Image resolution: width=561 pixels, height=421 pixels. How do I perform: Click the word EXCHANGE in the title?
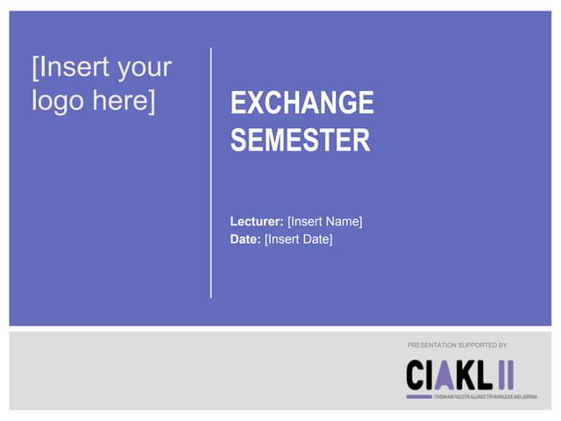click(x=302, y=103)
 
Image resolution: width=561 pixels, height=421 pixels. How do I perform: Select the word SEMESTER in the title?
click(x=300, y=140)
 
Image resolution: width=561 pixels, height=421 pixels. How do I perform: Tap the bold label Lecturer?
click(x=257, y=222)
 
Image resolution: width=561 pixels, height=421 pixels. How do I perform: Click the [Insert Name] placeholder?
click(x=324, y=222)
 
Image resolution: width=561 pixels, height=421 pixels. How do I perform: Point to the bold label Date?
click(x=245, y=239)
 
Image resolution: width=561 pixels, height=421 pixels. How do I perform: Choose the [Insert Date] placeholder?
click(x=298, y=239)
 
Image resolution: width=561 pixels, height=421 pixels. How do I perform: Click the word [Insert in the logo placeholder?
click(x=68, y=68)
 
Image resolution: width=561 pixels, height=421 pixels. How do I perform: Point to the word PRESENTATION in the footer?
click(x=434, y=346)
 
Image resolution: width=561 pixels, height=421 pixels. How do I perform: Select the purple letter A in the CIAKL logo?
click(x=444, y=375)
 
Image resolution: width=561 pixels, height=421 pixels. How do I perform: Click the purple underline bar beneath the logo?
click(x=418, y=396)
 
